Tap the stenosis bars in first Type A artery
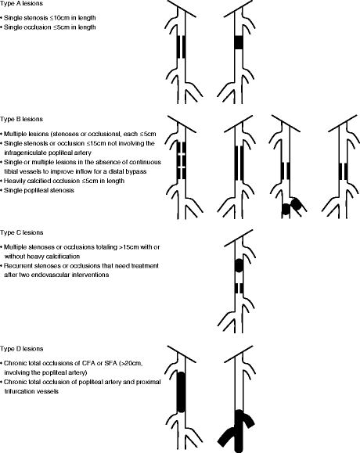[181, 47]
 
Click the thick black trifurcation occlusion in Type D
[239, 424]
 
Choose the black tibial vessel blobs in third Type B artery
[291, 206]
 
